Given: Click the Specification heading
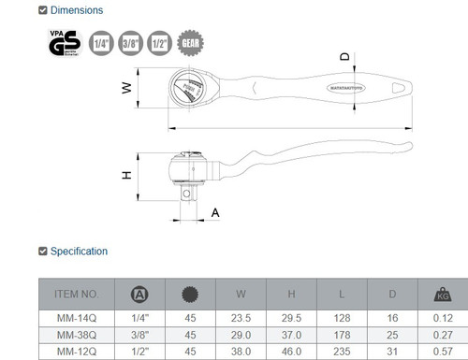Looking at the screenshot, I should [x=80, y=251].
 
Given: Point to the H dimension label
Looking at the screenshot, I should [x=125, y=175].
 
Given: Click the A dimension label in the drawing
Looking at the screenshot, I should [x=216, y=213].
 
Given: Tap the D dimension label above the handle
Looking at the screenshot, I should [x=344, y=57].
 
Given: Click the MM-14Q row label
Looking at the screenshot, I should [x=74, y=318].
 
